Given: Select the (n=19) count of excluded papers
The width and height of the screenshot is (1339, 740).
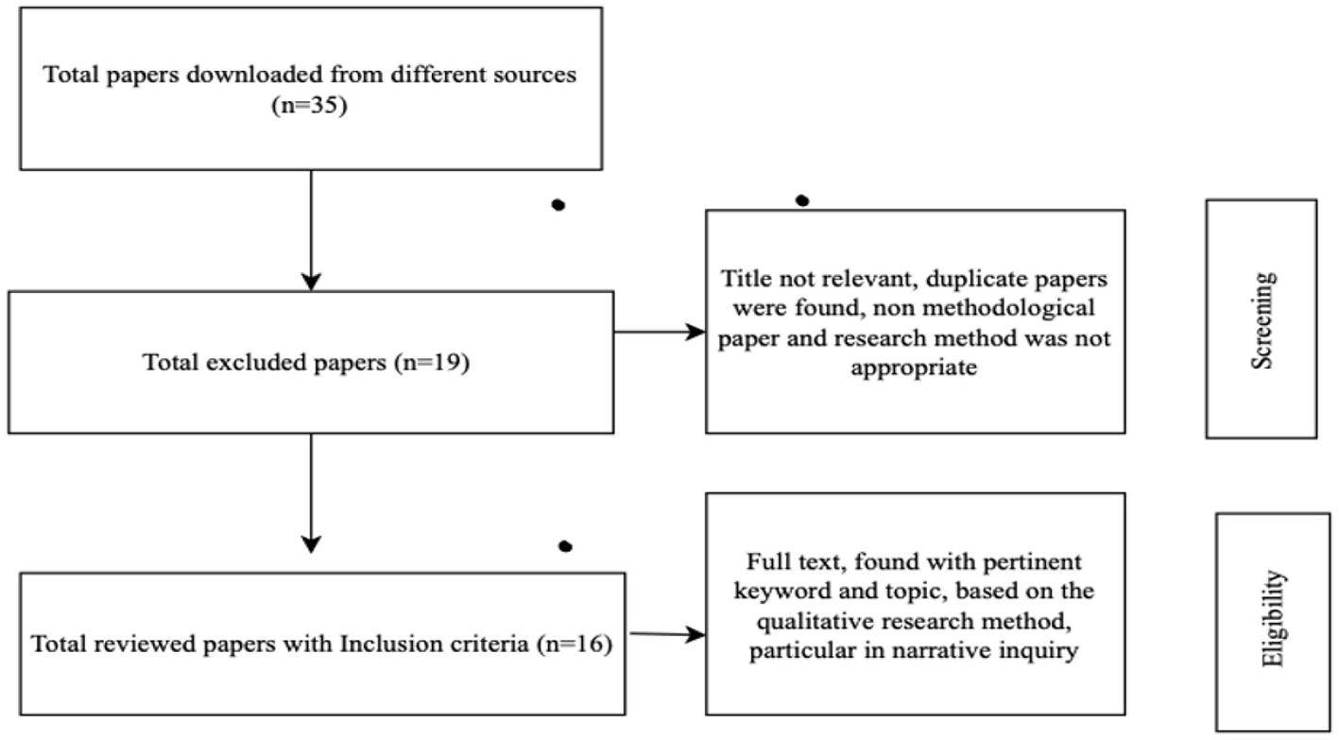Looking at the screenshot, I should [437, 364].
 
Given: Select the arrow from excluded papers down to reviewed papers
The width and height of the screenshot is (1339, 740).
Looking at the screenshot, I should [310, 491].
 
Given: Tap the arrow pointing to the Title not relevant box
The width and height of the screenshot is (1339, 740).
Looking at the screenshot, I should [659, 332].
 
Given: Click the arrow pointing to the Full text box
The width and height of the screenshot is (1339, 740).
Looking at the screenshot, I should [666, 635].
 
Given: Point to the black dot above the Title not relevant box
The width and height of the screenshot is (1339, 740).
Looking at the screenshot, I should [802, 200].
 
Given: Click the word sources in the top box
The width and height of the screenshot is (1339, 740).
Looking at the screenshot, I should [541, 75].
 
